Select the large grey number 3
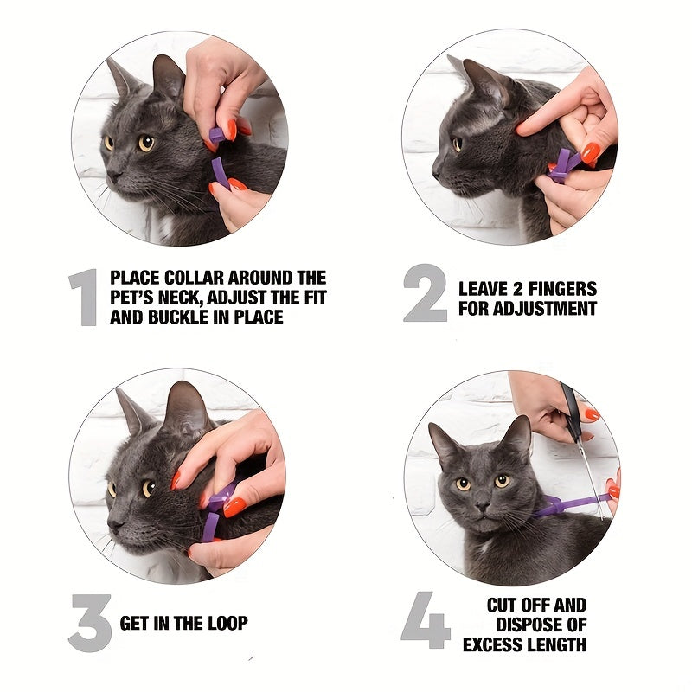coord(89,622)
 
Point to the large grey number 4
coord(426,620)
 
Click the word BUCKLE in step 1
coord(178,317)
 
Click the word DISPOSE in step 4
coord(528,624)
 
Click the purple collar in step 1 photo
coord(219,160)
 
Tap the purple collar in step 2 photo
coord(563,164)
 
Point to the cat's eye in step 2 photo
coord(457,144)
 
